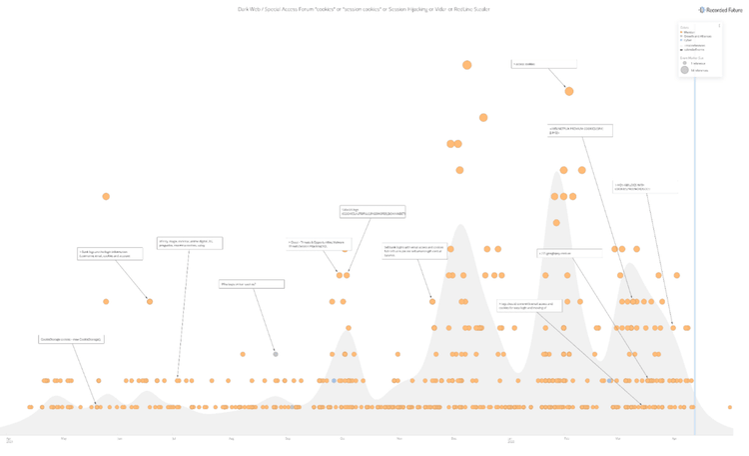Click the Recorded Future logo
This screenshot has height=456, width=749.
(715, 10)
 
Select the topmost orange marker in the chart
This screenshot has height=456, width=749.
(466, 65)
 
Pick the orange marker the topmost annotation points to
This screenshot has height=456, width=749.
(569, 91)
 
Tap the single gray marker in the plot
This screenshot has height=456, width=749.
(276, 354)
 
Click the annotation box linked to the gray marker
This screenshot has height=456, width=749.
(252, 284)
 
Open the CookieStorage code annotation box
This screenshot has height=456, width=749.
(71, 339)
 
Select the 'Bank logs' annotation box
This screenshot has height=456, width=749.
(110, 254)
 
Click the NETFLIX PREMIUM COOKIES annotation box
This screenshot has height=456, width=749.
(580, 130)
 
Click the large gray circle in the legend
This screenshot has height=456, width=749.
(685, 70)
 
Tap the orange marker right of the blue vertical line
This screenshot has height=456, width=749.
(731, 407)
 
